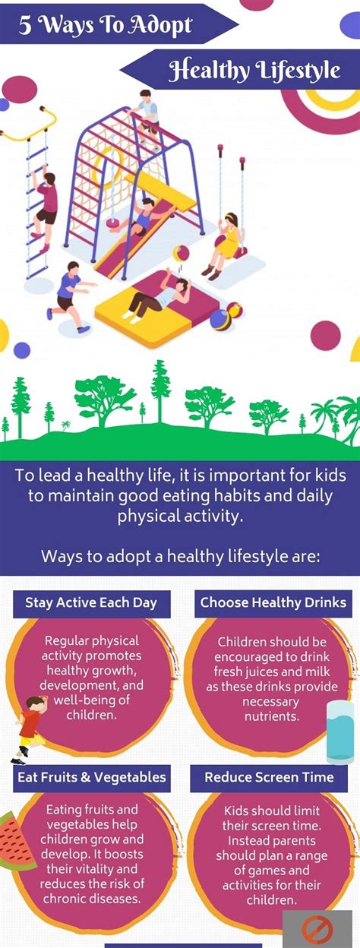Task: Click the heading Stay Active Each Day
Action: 91,602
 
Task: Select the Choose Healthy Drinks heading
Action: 273,602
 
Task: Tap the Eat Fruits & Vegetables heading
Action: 92,776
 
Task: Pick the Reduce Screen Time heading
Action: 269,776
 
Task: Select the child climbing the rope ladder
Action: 43,208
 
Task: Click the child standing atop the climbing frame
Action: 147,118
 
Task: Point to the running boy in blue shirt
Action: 70,296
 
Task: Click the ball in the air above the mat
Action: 181,254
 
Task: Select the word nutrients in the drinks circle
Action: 272,716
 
